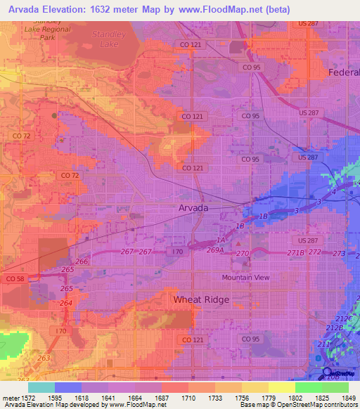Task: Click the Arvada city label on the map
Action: [x=193, y=209]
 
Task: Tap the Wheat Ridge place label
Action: [x=197, y=299]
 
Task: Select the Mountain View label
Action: [x=246, y=277]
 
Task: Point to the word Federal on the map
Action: [x=344, y=72]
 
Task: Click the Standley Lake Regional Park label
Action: [x=48, y=29]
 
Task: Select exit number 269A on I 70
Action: [x=215, y=249]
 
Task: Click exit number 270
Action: [x=243, y=253]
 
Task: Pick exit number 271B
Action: [x=296, y=252]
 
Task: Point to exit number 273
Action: [x=340, y=253]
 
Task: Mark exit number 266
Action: [x=82, y=262]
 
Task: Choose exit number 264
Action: [x=65, y=303]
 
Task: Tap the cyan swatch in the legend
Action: [x=41, y=387]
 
